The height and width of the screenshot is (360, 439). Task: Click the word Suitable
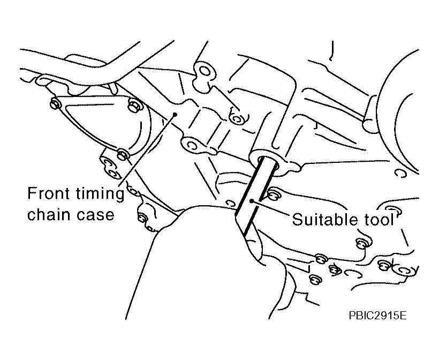(x=325, y=219)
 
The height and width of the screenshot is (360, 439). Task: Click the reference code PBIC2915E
(x=377, y=316)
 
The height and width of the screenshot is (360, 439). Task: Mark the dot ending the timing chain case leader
(x=175, y=114)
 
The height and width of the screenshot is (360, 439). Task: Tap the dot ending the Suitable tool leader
(x=252, y=200)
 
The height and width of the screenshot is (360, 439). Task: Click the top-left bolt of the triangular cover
(x=54, y=103)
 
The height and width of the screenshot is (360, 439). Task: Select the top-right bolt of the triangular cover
(x=133, y=105)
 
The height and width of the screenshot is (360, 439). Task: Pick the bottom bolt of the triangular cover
(x=123, y=154)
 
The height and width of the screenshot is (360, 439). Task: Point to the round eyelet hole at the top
(x=205, y=71)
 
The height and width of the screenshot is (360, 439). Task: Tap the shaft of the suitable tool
(x=253, y=196)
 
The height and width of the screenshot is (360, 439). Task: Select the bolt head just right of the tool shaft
(x=273, y=194)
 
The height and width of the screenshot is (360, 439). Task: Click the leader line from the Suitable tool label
(x=271, y=208)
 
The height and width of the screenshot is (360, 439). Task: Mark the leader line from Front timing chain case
(x=148, y=150)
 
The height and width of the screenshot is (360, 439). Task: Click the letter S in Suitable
(x=298, y=219)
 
